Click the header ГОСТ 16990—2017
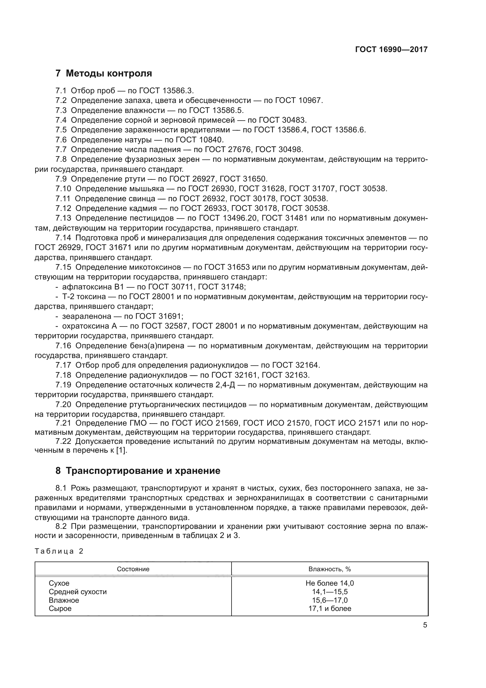point(391,49)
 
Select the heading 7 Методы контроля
point(103,73)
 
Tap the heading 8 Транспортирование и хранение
point(138,471)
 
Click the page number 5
point(425,625)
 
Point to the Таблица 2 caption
point(59,551)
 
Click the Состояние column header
point(133,569)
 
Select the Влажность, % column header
point(329,569)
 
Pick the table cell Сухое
point(59,583)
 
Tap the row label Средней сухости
point(78,592)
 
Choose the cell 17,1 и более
point(329,609)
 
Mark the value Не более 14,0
point(329,583)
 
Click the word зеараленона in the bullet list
point(86,316)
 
